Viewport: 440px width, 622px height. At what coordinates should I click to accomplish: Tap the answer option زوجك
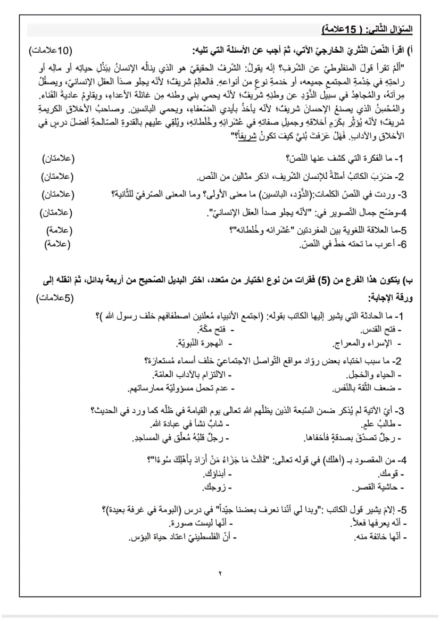coord(216,487)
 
